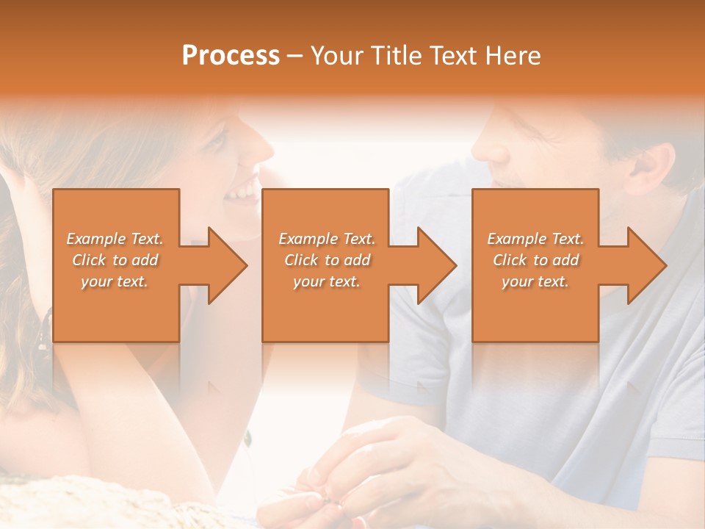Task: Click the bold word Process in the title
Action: pos(231,56)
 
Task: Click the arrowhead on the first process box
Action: pos(224,265)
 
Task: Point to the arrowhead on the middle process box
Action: pos(433,265)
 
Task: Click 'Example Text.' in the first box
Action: pos(115,239)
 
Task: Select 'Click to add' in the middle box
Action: pos(327,260)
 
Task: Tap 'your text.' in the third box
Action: pos(535,281)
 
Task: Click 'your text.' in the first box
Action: pos(115,281)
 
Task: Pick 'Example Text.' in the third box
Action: pos(535,239)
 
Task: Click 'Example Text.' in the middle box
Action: pos(327,239)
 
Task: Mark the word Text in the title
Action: pos(456,56)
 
